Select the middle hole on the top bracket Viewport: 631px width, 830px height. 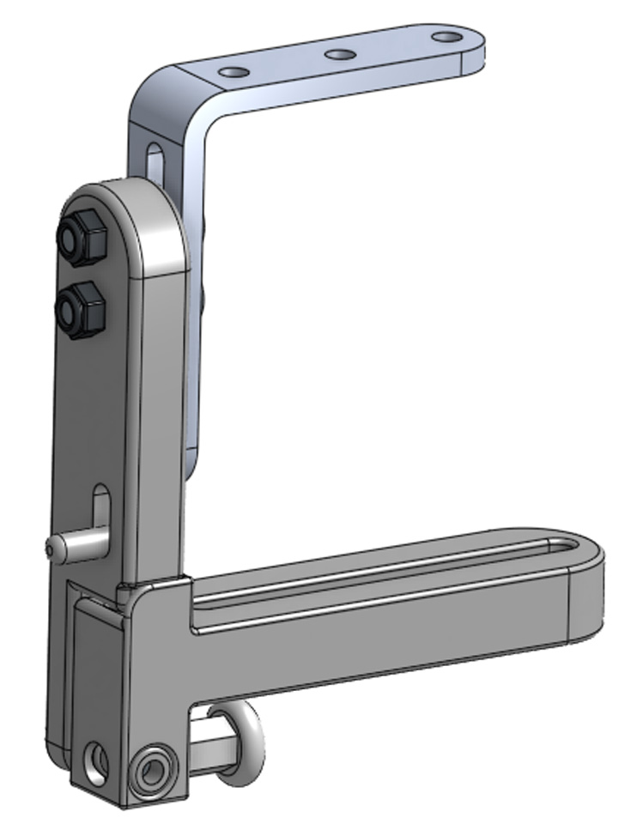(340, 55)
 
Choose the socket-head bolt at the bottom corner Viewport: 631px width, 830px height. (156, 767)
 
